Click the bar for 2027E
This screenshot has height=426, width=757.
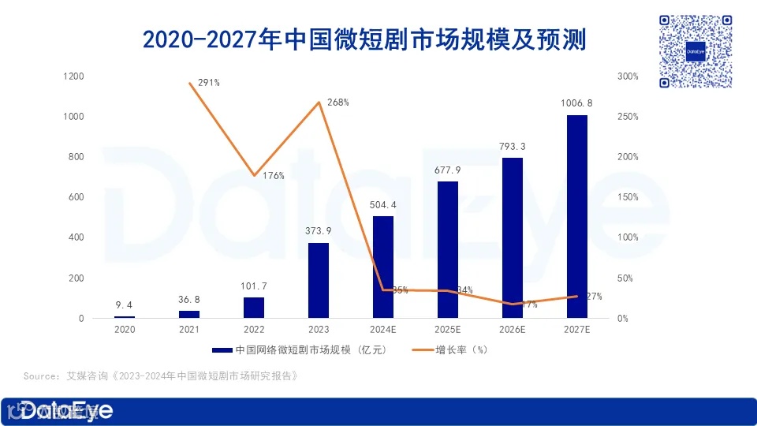coord(577,217)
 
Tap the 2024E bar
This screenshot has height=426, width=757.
coord(383,267)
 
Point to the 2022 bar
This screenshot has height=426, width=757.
coord(254,308)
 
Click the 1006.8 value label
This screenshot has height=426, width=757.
coord(577,103)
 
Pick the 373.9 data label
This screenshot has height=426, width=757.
coord(319,230)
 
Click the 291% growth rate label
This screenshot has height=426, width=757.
coord(209,82)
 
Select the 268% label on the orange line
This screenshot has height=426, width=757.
coord(337,103)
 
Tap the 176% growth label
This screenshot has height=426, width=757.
coord(273,176)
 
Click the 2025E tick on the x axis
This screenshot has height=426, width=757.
coord(448,329)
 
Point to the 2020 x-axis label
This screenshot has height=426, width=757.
coord(125,329)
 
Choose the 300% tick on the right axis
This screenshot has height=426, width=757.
coord(628,77)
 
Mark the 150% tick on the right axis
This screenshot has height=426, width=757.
coord(628,197)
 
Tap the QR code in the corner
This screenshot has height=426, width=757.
coord(696,51)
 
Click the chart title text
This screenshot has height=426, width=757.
coord(364,38)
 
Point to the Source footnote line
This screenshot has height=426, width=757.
coord(161,376)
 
